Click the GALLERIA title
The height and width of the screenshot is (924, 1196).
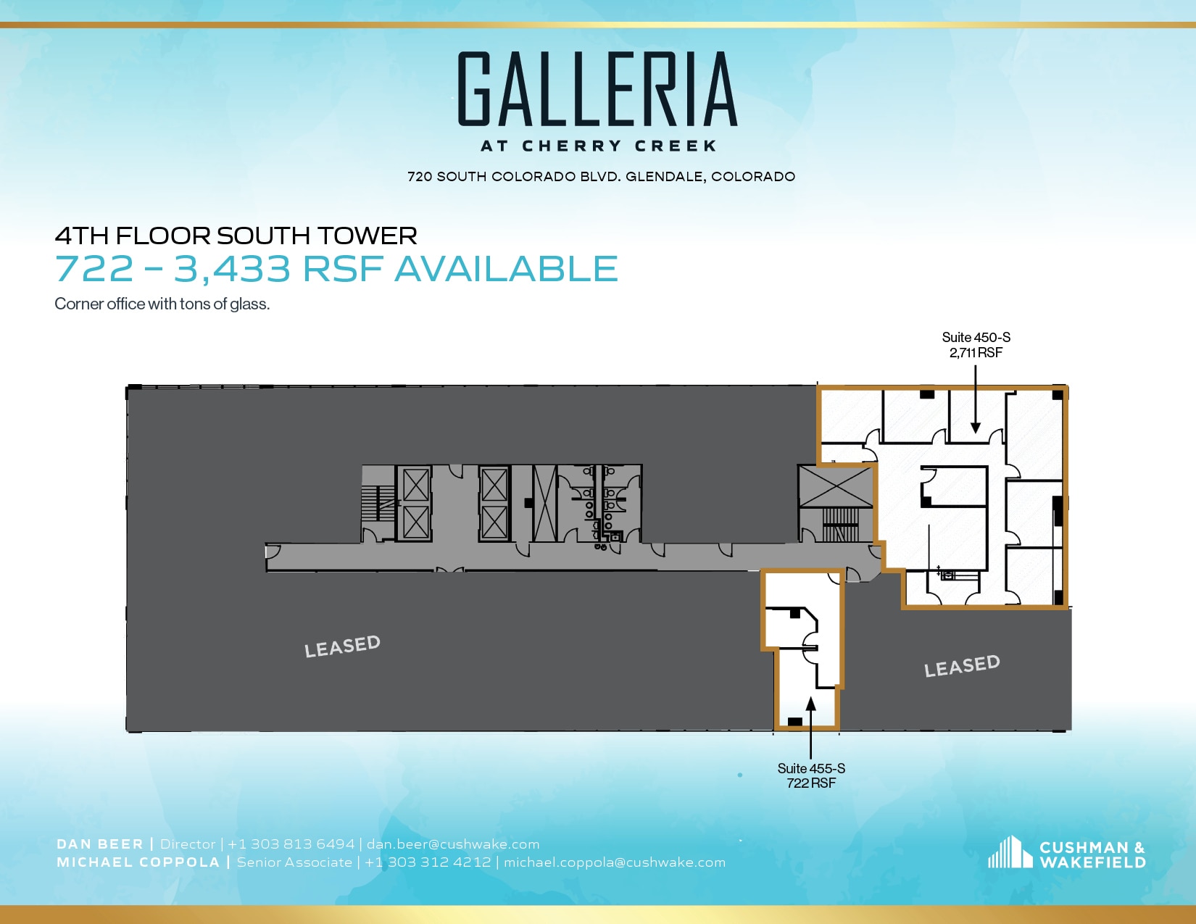pyautogui.click(x=597, y=89)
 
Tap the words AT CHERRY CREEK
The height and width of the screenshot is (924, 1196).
pyautogui.click(x=599, y=146)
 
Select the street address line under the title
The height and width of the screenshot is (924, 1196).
pyautogui.click(x=601, y=177)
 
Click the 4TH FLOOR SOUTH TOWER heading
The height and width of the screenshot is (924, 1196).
pyautogui.click(x=236, y=236)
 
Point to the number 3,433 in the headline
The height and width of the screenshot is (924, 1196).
pyautogui.click(x=232, y=269)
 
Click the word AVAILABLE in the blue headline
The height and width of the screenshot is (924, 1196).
pyautogui.click(x=506, y=269)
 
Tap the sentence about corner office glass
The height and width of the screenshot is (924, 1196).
pyautogui.click(x=162, y=304)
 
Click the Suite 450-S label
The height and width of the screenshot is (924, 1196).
pyautogui.click(x=976, y=338)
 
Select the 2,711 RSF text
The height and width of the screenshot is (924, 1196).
pyautogui.click(x=976, y=353)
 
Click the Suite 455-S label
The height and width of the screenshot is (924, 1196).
pyautogui.click(x=811, y=768)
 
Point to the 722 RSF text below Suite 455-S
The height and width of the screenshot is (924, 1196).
pyautogui.click(x=811, y=783)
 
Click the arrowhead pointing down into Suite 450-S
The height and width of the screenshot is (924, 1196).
pyautogui.click(x=976, y=428)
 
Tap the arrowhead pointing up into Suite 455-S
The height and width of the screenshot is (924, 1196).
pyautogui.click(x=810, y=704)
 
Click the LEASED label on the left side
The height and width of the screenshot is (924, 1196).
pyautogui.click(x=342, y=646)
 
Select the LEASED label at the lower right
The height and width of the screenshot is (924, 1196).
pyautogui.click(x=962, y=665)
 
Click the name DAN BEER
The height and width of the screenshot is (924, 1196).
pyautogui.click(x=100, y=844)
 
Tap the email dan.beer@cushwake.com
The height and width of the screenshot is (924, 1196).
pyautogui.click(x=453, y=844)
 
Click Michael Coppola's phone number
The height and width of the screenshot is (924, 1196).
pyautogui.click(x=428, y=862)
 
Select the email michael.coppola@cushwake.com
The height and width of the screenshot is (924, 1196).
pyautogui.click(x=615, y=862)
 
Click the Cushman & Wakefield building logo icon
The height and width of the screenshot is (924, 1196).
pyautogui.click(x=1010, y=853)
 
